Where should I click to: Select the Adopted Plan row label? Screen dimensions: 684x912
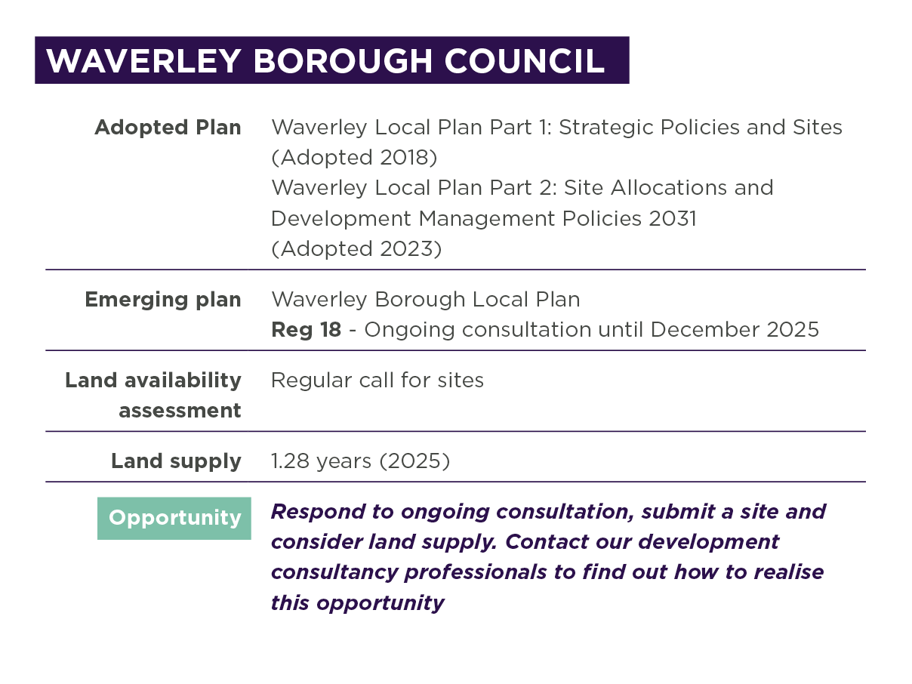click(168, 128)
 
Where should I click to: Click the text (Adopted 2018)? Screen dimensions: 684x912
click(354, 158)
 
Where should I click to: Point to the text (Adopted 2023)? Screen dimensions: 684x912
click(356, 248)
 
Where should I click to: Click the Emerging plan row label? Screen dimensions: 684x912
click(162, 300)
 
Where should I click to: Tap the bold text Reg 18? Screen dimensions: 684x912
click(306, 330)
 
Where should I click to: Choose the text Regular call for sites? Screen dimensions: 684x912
click(377, 380)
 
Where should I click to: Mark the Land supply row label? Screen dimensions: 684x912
click(176, 461)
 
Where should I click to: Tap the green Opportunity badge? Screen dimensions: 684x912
click(174, 518)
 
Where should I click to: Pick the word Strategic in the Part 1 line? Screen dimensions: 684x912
click(608, 128)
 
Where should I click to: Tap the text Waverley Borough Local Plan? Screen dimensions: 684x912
click(425, 300)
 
